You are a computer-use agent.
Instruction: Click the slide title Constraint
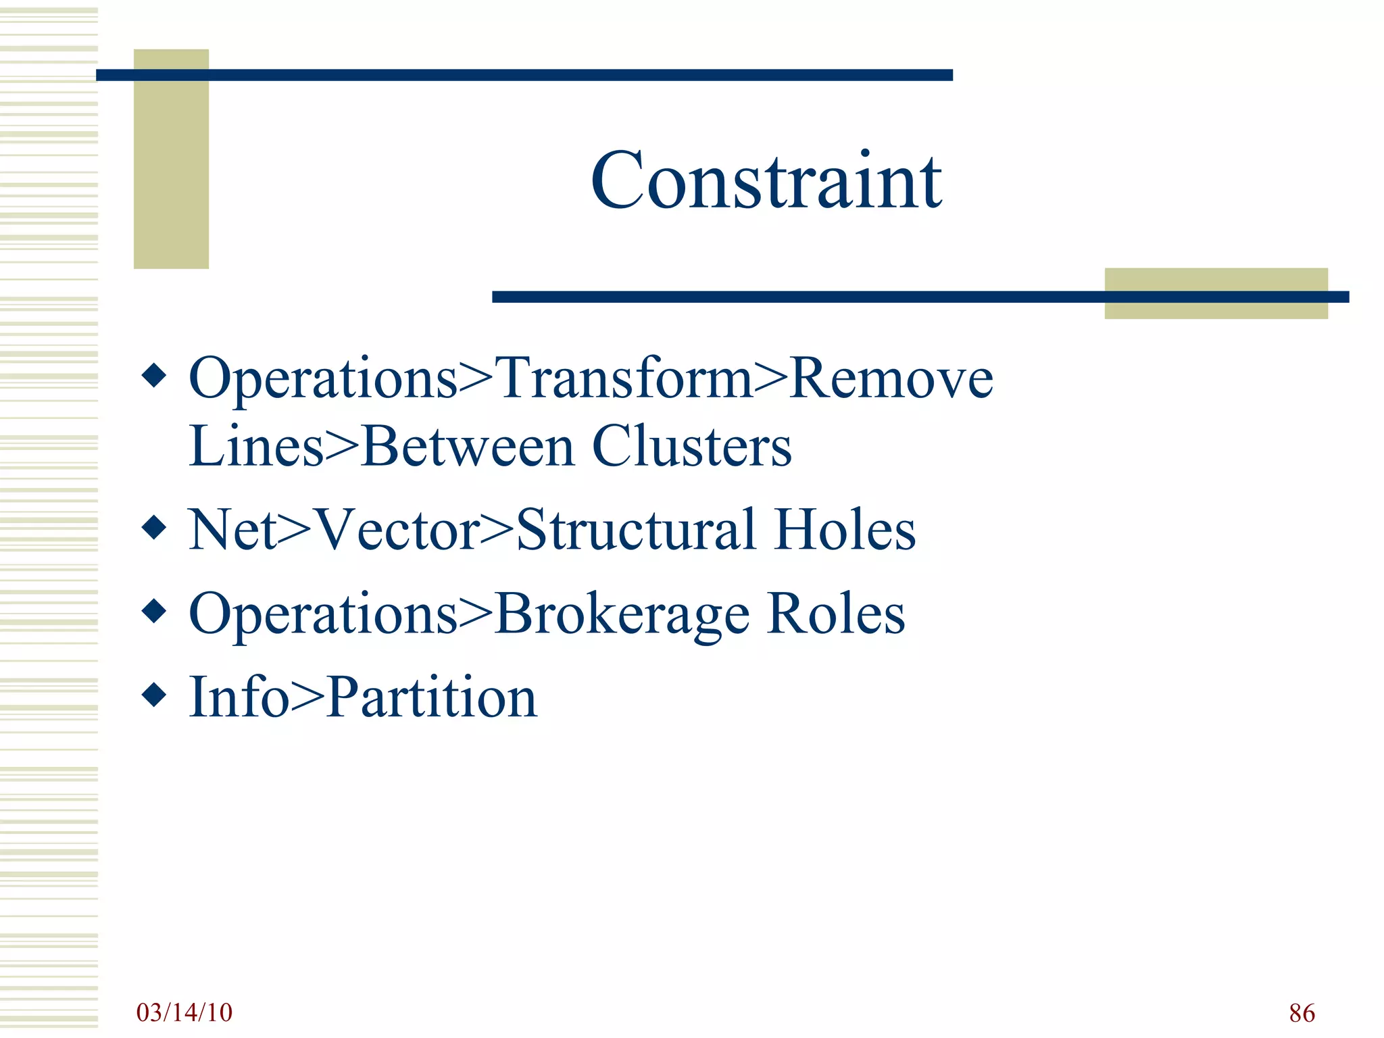(766, 181)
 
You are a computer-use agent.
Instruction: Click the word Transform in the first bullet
(624, 378)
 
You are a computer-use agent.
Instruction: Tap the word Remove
(891, 378)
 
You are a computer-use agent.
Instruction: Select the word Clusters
(691, 447)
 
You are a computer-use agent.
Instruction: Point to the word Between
(468, 447)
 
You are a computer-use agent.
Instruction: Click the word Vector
(397, 530)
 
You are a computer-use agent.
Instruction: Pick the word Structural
(635, 530)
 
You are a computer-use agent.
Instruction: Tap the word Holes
(845, 530)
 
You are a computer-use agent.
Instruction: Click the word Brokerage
(622, 614)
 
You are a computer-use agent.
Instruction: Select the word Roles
(836, 614)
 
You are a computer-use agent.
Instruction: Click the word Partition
(432, 697)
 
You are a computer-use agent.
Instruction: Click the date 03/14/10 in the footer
(184, 1012)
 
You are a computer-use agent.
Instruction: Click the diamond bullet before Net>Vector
(155, 527)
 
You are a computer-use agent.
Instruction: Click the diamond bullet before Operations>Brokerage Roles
(155, 611)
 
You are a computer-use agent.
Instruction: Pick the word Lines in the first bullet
(256, 447)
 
